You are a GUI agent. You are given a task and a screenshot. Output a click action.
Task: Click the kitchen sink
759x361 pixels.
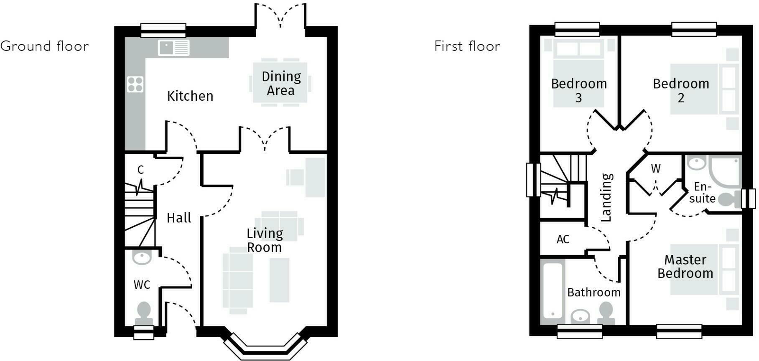click(x=173, y=48)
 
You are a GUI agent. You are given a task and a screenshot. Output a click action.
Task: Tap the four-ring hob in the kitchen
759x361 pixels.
click(x=135, y=84)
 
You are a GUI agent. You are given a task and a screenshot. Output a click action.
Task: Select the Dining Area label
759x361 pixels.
click(x=281, y=83)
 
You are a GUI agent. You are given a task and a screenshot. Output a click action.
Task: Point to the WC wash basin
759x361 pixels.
click(x=142, y=257)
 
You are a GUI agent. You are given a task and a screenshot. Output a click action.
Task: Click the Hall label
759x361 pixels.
click(x=179, y=218)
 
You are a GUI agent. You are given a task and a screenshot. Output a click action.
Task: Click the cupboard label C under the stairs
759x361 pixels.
click(x=140, y=170)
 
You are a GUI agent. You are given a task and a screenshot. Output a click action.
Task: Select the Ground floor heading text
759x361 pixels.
click(x=45, y=46)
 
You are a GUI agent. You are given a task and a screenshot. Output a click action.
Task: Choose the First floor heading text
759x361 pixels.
click(x=467, y=46)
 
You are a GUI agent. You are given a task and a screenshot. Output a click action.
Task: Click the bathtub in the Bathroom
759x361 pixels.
click(x=552, y=290)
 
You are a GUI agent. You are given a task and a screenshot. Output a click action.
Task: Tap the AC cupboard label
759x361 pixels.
click(x=563, y=239)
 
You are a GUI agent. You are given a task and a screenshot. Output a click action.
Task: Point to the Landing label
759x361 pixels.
click(x=606, y=197)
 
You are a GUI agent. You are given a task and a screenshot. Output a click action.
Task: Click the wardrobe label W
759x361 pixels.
click(x=655, y=169)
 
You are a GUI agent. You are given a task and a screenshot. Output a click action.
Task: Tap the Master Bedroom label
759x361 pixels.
click(x=685, y=267)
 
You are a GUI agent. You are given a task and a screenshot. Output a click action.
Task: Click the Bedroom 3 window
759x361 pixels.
click(x=577, y=29)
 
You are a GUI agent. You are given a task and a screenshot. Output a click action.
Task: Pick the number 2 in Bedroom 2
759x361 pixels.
click(x=681, y=98)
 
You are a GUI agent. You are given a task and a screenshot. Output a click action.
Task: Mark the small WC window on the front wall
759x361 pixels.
click(x=144, y=333)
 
